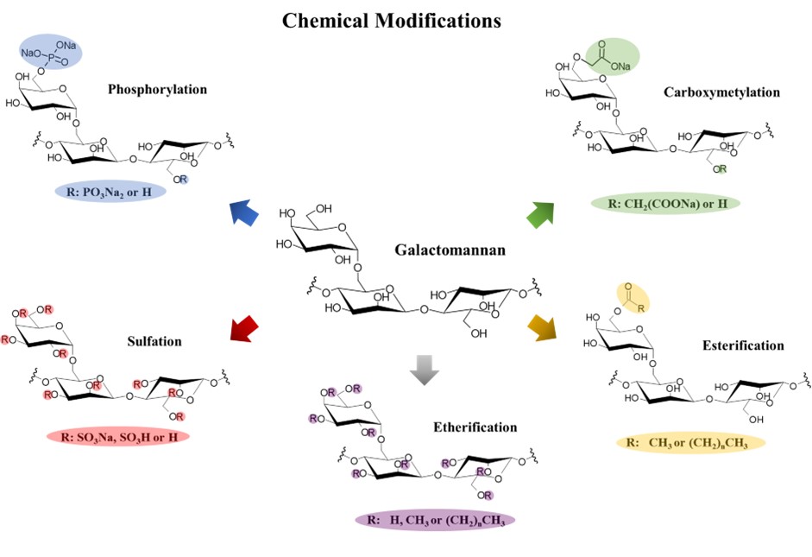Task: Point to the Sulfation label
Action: [153, 341]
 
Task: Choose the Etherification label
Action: [475, 427]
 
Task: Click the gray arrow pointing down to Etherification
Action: [425, 367]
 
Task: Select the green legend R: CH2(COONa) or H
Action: [665, 205]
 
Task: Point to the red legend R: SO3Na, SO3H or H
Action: [118, 436]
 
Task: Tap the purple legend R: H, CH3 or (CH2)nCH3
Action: [435, 520]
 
